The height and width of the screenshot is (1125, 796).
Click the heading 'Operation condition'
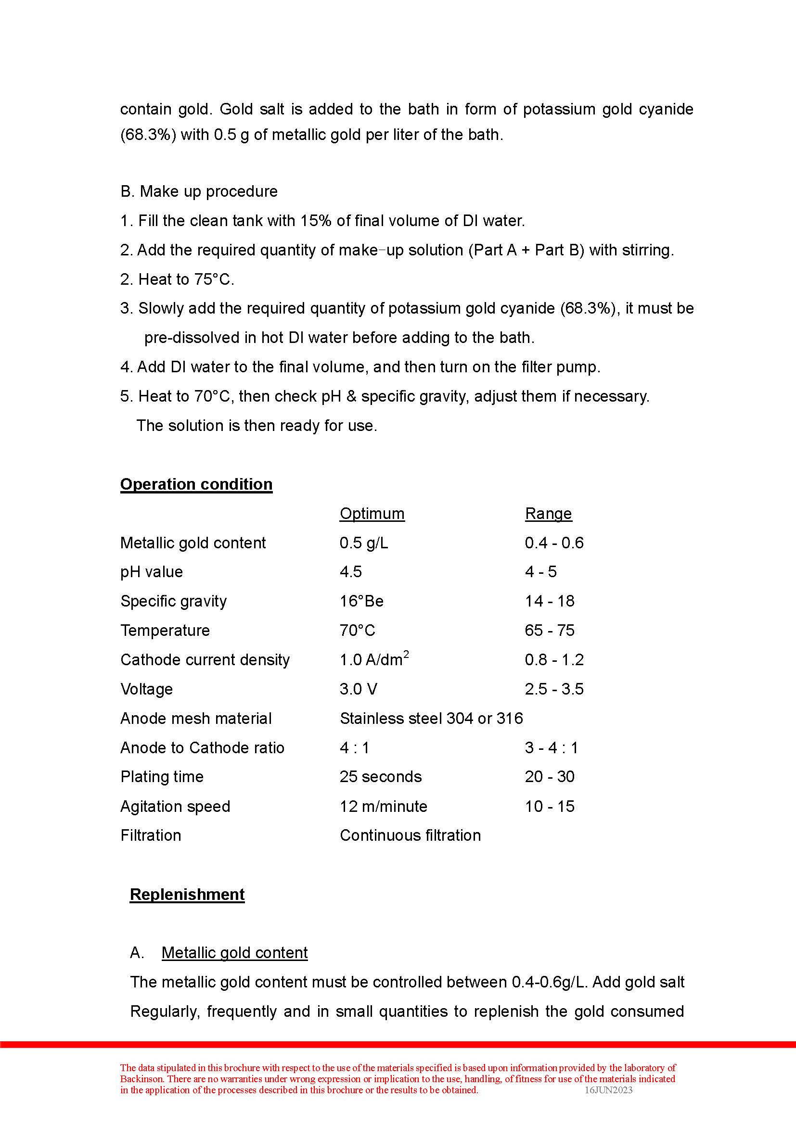click(196, 484)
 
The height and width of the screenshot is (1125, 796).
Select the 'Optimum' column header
click(372, 514)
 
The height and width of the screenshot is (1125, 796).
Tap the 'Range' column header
click(548, 514)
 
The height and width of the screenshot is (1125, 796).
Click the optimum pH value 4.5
click(350, 572)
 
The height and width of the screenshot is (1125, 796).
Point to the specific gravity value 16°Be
click(361, 601)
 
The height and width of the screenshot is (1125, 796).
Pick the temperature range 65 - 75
click(549, 630)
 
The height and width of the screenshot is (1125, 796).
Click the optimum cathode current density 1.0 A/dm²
click(374, 659)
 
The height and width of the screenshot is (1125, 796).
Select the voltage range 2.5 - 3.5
click(554, 689)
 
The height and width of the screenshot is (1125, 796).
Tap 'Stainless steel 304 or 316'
click(431, 718)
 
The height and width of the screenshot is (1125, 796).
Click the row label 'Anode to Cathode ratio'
click(202, 748)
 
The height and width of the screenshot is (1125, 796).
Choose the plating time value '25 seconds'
click(380, 777)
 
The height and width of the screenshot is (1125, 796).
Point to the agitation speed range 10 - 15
click(549, 807)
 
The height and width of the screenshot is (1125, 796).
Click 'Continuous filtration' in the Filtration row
click(410, 835)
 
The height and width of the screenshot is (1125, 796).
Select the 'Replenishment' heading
click(187, 894)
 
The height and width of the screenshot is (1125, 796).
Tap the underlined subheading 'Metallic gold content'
click(234, 952)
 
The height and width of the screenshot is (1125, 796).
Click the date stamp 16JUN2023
click(608, 1090)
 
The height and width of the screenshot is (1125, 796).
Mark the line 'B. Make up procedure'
click(198, 191)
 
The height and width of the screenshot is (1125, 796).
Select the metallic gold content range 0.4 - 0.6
click(554, 543)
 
